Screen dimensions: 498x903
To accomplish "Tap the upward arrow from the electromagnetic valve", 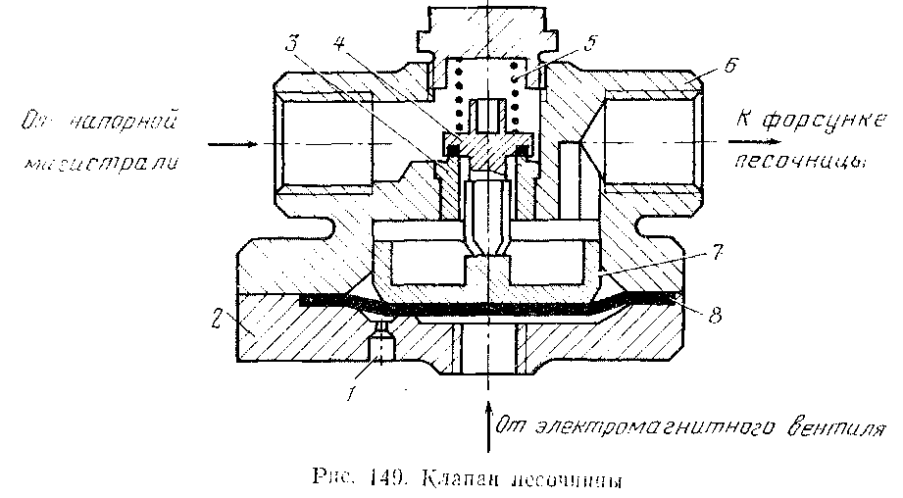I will point(486,422).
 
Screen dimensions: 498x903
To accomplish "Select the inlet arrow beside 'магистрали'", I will point(235,143).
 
